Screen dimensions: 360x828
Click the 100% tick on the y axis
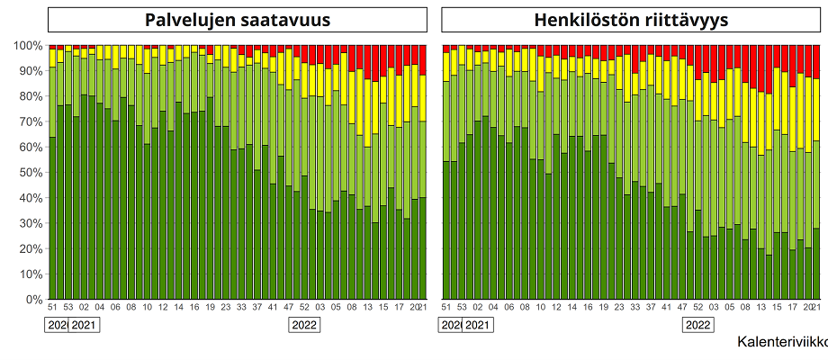tap(27, 45)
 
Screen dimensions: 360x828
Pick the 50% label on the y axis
tap(30, 172)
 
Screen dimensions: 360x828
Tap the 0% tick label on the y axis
tap(33, 300)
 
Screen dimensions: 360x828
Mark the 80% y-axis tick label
tap(30, 95)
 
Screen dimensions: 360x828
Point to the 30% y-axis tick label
tap(30, 223)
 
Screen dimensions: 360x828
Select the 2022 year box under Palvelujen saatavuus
tap(305, 325)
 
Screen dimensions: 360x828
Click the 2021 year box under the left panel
tap(84, 325)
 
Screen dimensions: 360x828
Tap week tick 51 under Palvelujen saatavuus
tap(52, 308)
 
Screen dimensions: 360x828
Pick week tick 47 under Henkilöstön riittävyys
tap(683, 308)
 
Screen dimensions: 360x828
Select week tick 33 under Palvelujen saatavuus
tap(241, 308)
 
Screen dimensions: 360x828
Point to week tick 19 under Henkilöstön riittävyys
tap(604, 308)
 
